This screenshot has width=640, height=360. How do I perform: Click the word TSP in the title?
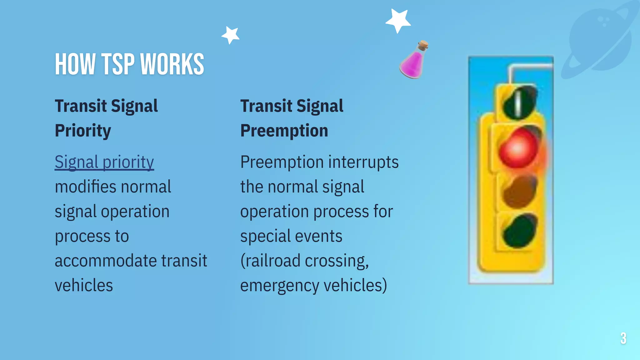tap(119, 64)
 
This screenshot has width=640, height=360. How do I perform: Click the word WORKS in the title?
tap(172, 64)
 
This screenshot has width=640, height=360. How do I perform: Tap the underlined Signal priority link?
tap(104, 162)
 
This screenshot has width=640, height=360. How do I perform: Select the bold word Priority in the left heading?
tap(83, 131)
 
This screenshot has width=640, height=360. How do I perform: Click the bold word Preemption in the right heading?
tap(284, 131)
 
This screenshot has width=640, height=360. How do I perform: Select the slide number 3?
tap(623, 338)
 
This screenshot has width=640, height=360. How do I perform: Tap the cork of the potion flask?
tap(423, 45)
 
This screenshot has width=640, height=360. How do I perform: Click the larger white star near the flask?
tap(398, 20)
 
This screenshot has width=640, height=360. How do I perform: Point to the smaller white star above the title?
tap(231, 35)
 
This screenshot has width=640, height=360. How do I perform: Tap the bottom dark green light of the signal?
tap(519, 231)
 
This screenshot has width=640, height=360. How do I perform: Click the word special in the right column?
tap(265, 236)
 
